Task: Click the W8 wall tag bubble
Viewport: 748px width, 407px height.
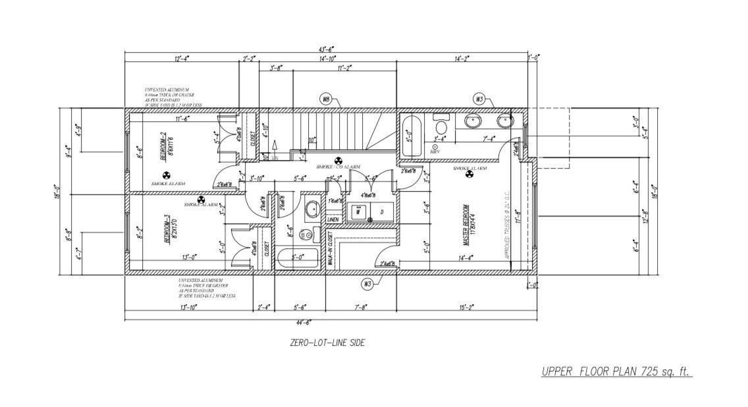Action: (325, 99)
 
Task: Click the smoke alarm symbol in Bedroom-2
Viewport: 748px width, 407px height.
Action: (167, 176)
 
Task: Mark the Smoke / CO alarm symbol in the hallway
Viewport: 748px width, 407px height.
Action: (339, 160)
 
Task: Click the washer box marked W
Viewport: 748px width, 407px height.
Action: (358, 212)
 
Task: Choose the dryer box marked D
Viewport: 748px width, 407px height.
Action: (382, 212)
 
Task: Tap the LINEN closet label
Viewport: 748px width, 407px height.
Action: (333, 219)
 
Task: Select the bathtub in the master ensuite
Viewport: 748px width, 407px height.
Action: (412, 136)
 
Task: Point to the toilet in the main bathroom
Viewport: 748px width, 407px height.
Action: (305, 234)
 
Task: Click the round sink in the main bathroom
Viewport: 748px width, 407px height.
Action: (311, 210)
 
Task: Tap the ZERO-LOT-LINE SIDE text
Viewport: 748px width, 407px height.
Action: (327, 342)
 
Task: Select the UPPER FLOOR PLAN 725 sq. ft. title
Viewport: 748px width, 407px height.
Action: (616, 371)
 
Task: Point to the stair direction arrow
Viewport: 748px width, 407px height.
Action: (276, 146)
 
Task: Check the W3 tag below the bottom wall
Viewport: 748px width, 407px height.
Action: (368, 284)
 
